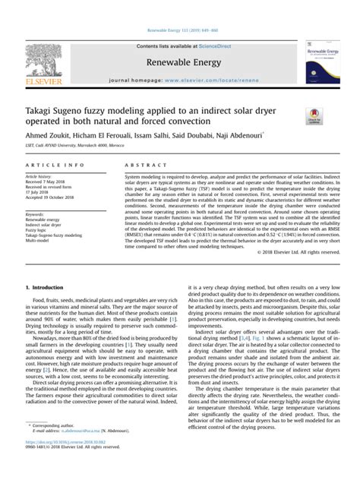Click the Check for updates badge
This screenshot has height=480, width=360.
[314, 115]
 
